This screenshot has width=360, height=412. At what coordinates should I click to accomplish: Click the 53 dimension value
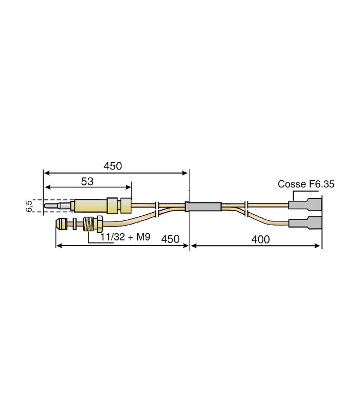tap(87, 181)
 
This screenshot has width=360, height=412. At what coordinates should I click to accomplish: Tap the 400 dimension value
tap(260, 239)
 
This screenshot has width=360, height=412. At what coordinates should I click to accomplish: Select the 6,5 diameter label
tap(29, 205)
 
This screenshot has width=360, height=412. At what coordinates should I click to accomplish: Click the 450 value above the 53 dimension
tap(113, 166)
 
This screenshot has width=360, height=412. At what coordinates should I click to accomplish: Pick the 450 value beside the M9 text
tap(170, 239)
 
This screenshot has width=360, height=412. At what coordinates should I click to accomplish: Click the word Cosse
tap(292, 184)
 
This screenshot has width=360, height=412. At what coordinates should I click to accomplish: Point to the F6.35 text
tap(321, 184)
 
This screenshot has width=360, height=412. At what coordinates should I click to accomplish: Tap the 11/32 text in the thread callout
tap(113, 237)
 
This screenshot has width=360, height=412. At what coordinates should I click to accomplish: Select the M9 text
tap(143, 237)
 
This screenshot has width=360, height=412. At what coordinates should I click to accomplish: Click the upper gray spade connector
tap(305, 204)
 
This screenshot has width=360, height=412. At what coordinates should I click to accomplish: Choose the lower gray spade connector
tap(305, 223)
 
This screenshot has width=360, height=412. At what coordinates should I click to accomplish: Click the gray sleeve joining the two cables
tap(203, 207)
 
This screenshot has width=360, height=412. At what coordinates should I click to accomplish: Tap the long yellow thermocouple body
tap(91, 206)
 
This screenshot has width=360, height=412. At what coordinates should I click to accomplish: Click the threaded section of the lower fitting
tap(88, 224)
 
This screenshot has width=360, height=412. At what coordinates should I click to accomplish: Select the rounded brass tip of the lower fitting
tap(61, 224)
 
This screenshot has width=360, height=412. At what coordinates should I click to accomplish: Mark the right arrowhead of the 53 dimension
tap(129, 187)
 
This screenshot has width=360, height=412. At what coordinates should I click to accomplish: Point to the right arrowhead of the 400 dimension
tap(317, 246)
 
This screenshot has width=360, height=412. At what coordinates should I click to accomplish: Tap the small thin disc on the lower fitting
tap(75, 224)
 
